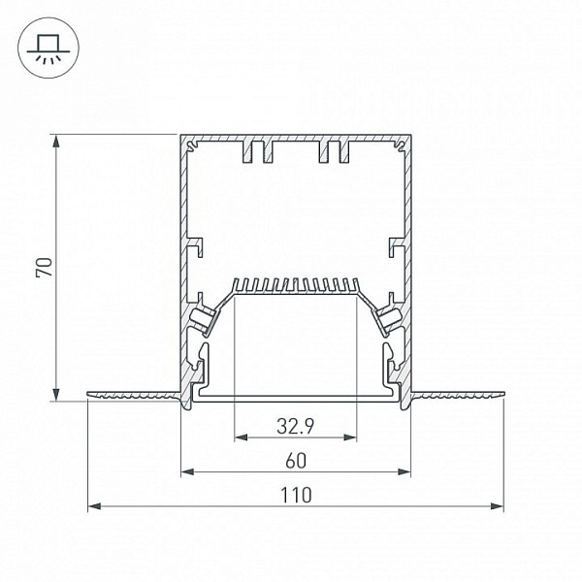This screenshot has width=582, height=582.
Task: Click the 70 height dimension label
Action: point(45,268)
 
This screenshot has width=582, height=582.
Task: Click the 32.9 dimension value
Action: point(296,426)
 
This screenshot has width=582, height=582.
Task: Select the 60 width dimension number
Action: point(296,461)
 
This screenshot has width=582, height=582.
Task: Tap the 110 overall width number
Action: point(296,496)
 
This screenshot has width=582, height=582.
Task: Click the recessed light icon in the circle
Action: point(48,48)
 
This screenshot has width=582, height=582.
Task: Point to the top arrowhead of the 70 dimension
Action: point(56,142)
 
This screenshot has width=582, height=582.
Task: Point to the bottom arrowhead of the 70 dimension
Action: point(56,394)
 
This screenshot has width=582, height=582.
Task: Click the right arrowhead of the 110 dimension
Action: point(497,506)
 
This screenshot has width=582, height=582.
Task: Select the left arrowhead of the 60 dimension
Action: point(188,471)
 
